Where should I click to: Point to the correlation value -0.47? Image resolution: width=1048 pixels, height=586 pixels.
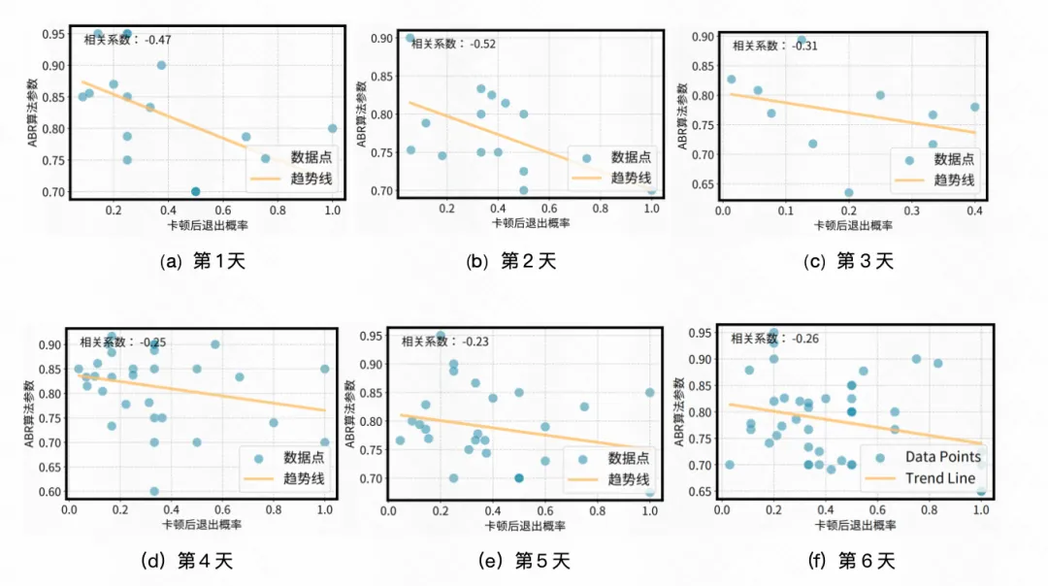click(x=158, y=40)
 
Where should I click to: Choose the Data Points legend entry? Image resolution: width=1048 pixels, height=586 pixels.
click(x=942, y=457)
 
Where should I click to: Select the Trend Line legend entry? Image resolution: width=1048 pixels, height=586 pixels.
click(x=937, y=478)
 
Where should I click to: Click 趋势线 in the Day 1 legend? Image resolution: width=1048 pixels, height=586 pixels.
click(x=311, y=179)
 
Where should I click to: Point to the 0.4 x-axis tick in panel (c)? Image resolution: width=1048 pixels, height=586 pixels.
click(x=974, y=211)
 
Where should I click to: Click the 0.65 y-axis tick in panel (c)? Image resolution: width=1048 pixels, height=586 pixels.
click(x=701, y=183)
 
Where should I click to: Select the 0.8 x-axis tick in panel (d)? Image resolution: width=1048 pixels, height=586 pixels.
click(x=274, y=507)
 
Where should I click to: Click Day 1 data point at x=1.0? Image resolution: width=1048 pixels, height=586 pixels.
click(x=332, y=128)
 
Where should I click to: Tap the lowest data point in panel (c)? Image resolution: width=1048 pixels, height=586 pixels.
click(x=848, y=192)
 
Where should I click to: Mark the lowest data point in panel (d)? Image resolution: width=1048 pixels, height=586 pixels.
click(x=153, y=491)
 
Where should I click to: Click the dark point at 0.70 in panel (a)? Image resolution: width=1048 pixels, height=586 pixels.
click(x=196, y=191)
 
